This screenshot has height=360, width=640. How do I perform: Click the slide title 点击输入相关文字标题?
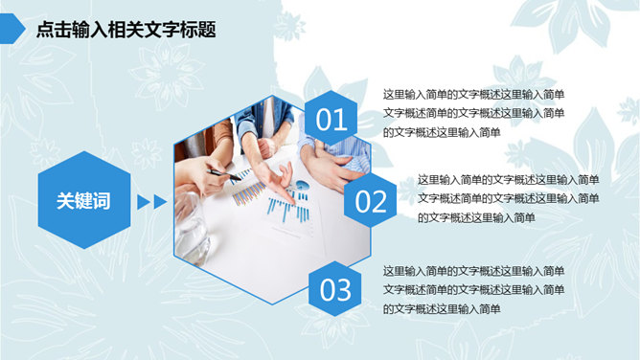(126, 30)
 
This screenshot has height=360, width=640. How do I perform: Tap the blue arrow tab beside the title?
(12, 29)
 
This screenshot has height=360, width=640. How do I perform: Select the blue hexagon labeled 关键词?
(84, 200)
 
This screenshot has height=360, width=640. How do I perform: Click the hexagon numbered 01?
(331, 118)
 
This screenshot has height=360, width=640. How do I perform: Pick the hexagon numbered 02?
(370, 200)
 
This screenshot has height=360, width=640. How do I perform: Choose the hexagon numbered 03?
(335, 288)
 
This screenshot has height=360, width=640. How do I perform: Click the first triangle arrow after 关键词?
(144, 202)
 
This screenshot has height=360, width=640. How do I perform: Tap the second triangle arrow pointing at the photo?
(160, 202)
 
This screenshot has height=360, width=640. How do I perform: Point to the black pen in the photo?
(224, 175)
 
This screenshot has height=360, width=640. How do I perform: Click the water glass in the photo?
(191, 227)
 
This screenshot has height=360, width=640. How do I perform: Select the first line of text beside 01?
(473, 95)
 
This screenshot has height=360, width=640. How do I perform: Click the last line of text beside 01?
(442, 132)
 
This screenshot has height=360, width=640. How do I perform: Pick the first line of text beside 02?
(508, 180)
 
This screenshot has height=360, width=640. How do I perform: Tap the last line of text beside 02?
(476, 217)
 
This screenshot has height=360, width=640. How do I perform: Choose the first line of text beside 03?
(473, 271)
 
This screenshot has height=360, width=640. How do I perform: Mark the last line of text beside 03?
(442, 309)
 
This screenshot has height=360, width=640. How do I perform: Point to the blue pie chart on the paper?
(303, 185)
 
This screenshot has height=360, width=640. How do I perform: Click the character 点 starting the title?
(45, 30)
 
